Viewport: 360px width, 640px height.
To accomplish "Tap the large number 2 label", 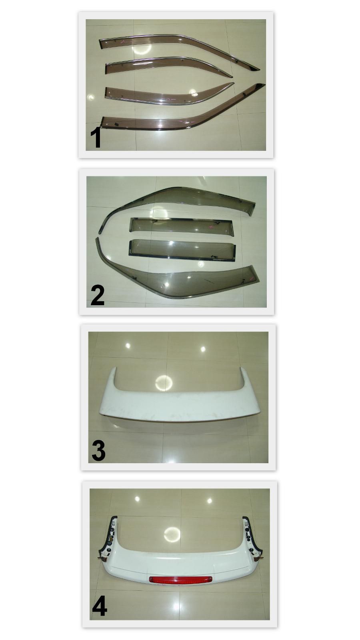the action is click(x=97, y=295).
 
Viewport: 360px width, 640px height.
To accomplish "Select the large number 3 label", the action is click(x=98, y=450).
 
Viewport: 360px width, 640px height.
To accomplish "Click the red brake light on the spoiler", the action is click(x=180, y=579).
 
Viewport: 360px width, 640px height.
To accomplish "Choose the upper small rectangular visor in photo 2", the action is click(x=182, y=226).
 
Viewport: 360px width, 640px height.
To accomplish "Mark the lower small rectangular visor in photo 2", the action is click(x=182, y=250).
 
